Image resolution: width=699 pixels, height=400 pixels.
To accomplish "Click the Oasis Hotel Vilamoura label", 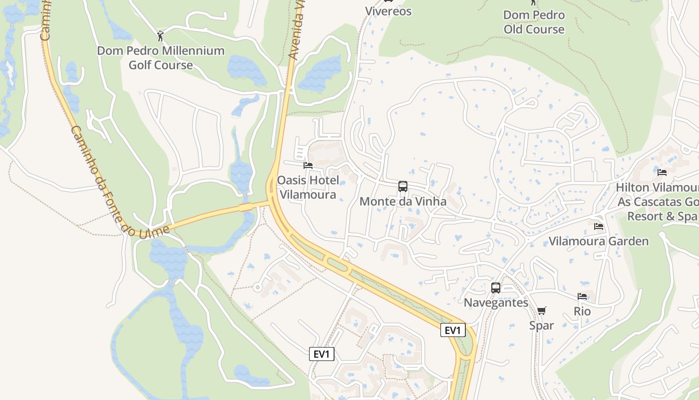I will click(308, 187).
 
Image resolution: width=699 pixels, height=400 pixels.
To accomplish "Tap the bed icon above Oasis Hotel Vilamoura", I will click(308, 165).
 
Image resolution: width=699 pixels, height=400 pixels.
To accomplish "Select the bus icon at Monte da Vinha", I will click(403, 186).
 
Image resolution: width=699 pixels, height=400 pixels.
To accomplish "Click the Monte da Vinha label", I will click(403, 202).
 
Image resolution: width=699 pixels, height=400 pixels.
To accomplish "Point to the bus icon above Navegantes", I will click(496, 288).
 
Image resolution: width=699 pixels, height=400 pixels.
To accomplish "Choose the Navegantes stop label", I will click(496, 303).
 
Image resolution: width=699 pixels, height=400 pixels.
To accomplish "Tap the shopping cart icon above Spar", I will click(542, 310).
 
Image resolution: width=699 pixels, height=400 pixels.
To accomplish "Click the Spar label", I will click(542, 326).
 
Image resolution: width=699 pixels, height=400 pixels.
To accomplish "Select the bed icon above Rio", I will click(582, 296).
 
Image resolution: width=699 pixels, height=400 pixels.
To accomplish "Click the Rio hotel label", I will click(582, 311).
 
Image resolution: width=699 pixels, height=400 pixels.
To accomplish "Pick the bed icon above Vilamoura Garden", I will click(599, 226).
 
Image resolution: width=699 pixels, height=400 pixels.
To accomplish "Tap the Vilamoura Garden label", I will click(599, 241).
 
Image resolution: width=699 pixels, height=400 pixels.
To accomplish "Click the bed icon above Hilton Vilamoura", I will click(662, 172).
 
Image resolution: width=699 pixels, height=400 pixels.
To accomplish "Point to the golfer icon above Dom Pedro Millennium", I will click(160, 36).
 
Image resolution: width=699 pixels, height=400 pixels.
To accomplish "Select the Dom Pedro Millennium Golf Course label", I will click(161, 58).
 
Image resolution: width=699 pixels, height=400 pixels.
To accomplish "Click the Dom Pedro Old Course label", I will click(534, 22).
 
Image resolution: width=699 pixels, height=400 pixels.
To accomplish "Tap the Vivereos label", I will click(388, 11).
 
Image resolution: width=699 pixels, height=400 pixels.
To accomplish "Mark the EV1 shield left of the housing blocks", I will click(322, 354).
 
